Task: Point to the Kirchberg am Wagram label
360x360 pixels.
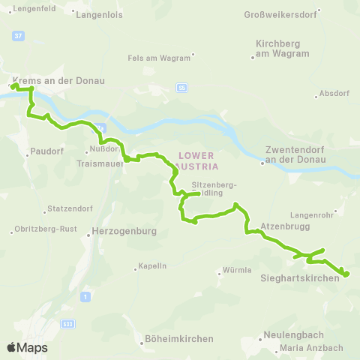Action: coord(283,49)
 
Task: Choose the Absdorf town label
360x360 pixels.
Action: coord(334,94)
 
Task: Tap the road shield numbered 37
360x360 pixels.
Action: coord(19,35)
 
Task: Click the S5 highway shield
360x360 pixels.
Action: coord(182,88)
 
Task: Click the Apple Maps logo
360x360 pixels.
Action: coord(27,347)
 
